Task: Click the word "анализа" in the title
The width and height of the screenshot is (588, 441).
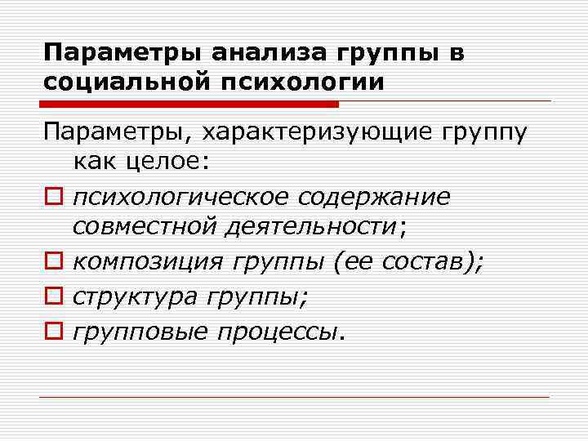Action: pyautogui.click(x=267, y=54)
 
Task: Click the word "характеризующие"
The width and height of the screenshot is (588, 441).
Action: pyautogui.click(x=318, y=131)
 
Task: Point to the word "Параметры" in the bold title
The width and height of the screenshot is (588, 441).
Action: pyautogui.click(x=125, y=54)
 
